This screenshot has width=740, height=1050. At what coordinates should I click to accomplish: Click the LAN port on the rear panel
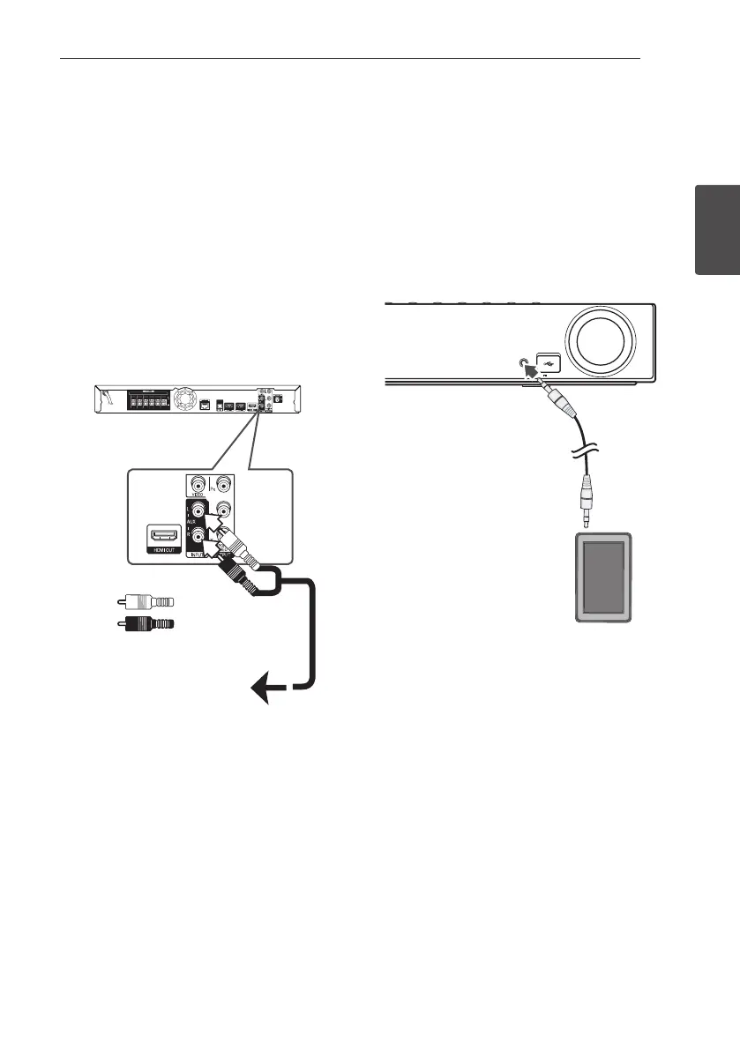206,406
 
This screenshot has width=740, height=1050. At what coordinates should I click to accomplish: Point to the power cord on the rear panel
107,400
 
